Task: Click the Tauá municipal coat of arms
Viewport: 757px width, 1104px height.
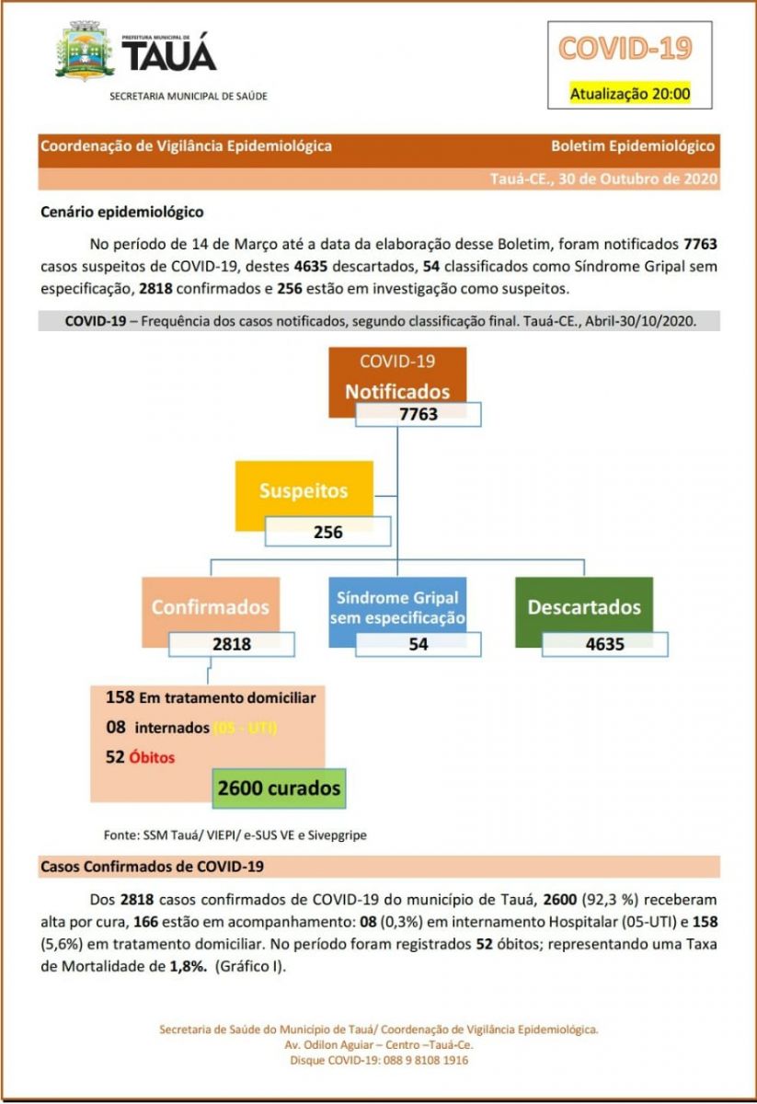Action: pyautogui.click(x=85, y=52)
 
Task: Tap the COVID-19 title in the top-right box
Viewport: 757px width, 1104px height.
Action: pyautogui.click(x=625, y=48)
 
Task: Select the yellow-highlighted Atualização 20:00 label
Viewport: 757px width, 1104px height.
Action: pyautogui.click(x=629, y=93)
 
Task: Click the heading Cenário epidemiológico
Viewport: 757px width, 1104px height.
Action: pyautogui.click(x=122, y=212)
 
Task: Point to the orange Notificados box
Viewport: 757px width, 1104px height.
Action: pyautogui.click(x=397, y=377)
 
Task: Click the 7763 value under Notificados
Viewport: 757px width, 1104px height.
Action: pyautogui.click(x=419, y=414)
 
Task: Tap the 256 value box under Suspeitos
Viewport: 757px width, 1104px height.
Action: pyautogui.click(x=327, y=532)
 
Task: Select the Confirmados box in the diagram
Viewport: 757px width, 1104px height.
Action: pyautogui.click(x=211, y=606)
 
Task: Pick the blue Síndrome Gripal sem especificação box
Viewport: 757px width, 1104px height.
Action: pyautogui.click(x=398, y=606)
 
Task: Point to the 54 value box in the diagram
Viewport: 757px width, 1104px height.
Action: pyautogui.click(x=419, y=644)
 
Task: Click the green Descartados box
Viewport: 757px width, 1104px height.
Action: pyautogui.click(x=584, y=606)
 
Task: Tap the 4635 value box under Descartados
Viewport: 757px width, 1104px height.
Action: pyautogui.click(x=604, y=644)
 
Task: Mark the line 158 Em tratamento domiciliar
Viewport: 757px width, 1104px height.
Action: pyautogui.click(x=211, y=697)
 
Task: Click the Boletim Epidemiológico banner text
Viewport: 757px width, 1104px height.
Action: pyautogui.click(x=632, y=146)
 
